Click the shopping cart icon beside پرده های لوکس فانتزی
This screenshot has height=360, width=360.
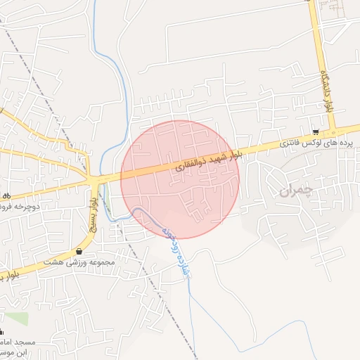(316, 132)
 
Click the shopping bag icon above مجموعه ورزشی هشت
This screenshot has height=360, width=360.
(79, 251)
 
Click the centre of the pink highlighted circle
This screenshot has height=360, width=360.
(180, 179)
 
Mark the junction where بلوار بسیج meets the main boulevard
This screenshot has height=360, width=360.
(94, 181)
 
